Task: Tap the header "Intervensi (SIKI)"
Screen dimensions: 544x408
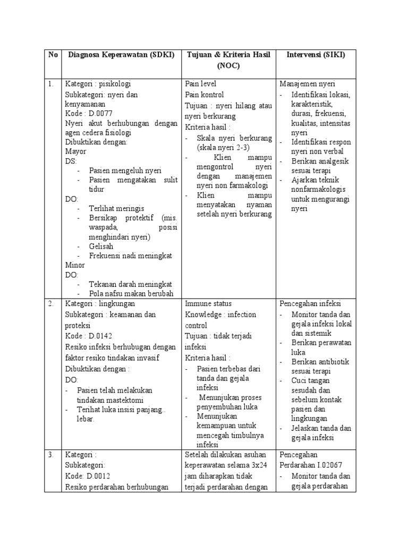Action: pos(316,55)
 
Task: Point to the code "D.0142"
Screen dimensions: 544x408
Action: pos(99,336)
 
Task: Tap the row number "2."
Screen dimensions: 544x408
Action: pos(51,303)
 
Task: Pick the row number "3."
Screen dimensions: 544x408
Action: pos(51,455)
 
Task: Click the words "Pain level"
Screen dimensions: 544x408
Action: pos(200,84)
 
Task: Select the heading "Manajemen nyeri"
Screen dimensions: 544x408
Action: pos(307,84)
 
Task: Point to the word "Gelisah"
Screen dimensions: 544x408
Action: pos(101,246)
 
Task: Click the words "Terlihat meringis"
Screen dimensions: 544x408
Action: pos(116,208)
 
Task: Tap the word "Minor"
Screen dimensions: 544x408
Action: pos(75,265)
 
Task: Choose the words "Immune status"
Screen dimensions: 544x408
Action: pos(208,303)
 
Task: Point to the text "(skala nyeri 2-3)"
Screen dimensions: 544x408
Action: pos(223,147)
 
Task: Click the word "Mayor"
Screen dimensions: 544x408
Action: pos(75,151)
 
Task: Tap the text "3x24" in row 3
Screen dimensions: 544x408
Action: pos(257,465)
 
